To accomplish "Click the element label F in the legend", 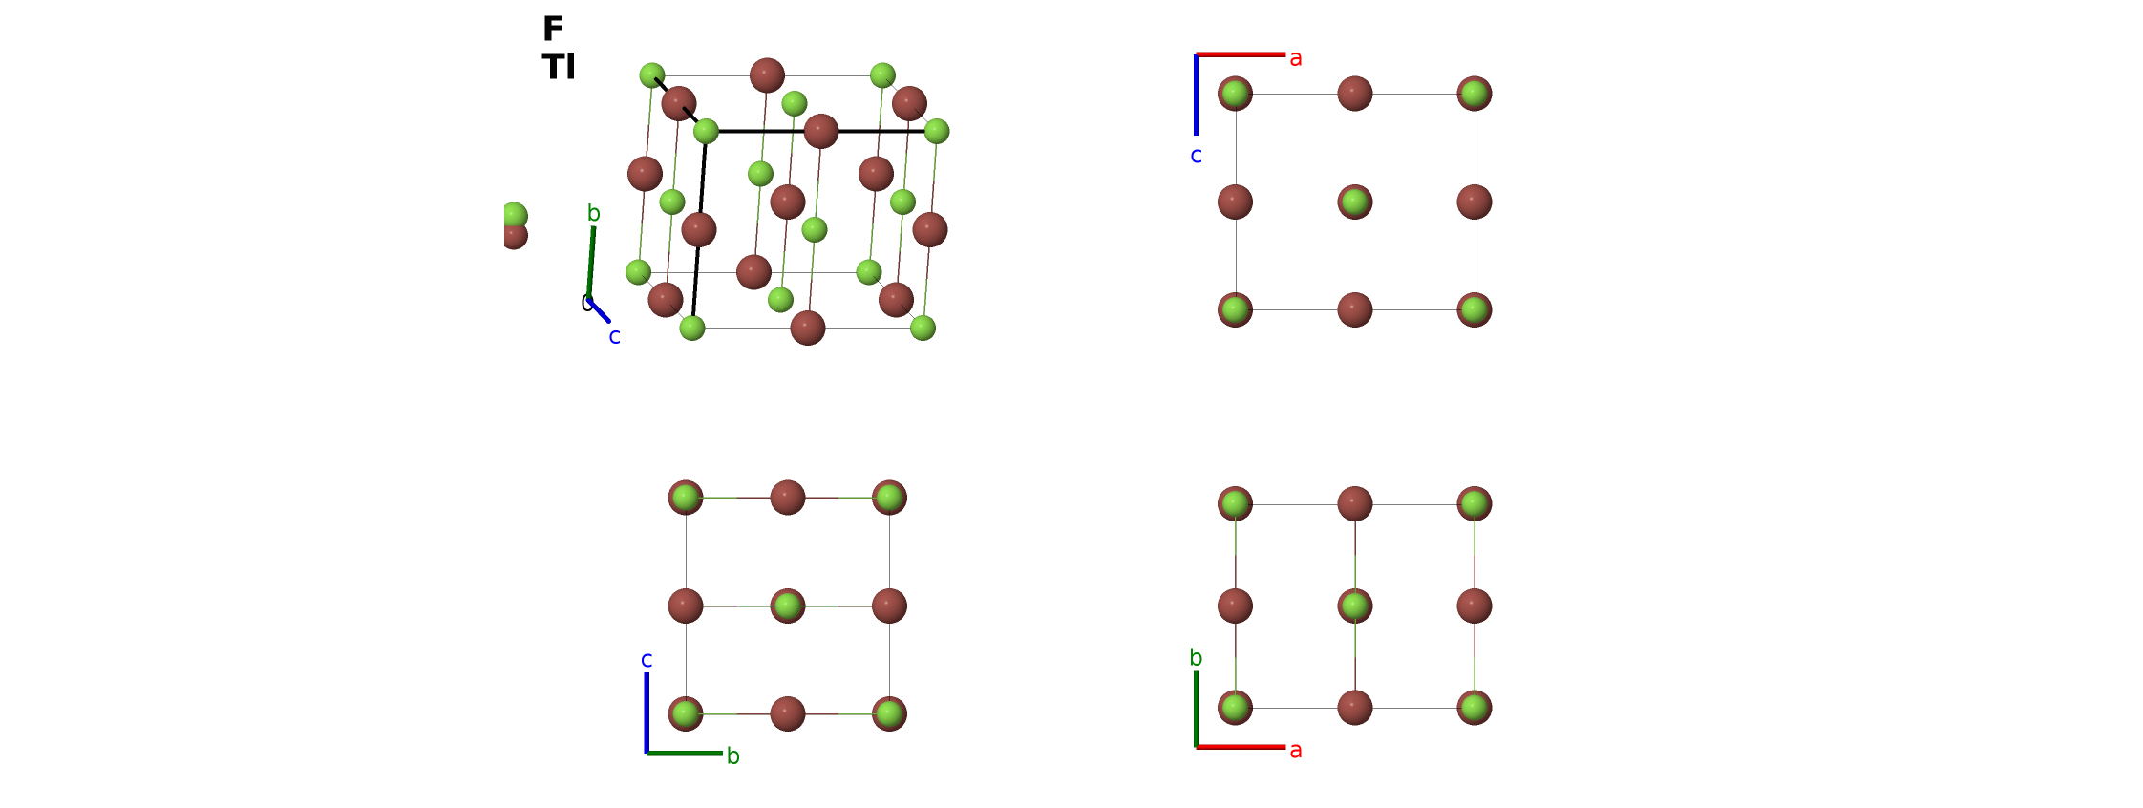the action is click(x=553, y=29).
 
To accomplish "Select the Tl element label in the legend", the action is click(x=559, y=67).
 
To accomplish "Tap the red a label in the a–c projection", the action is click(x=1296, y=58).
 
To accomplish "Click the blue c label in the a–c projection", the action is click(x=1196, y=155).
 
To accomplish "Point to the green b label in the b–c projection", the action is click(x=733, y=755).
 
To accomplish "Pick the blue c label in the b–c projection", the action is click(x=647, y=660).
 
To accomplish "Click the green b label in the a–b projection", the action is click(x=1196, y=657).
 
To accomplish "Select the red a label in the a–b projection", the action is click(x=1296, y=751).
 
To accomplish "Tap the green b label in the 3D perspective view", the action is click(x=594, y=213).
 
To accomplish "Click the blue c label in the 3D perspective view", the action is click(x=614, y=336).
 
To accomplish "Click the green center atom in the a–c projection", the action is click(x=1355, y=202).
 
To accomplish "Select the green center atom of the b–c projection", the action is click(x=788, y=606).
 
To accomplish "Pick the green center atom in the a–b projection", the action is click(x=1355, y=606).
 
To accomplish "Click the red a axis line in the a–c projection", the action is click(x=1241, y=54).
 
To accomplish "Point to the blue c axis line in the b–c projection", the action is click(x=647, y=713).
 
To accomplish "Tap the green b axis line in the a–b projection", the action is click(x=1196, y=709).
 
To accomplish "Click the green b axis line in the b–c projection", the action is click(x=685, y=754).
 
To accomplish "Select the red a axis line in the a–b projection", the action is click(x=1241, y=747).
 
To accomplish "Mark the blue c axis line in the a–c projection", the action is click(x=1196, y=96).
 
